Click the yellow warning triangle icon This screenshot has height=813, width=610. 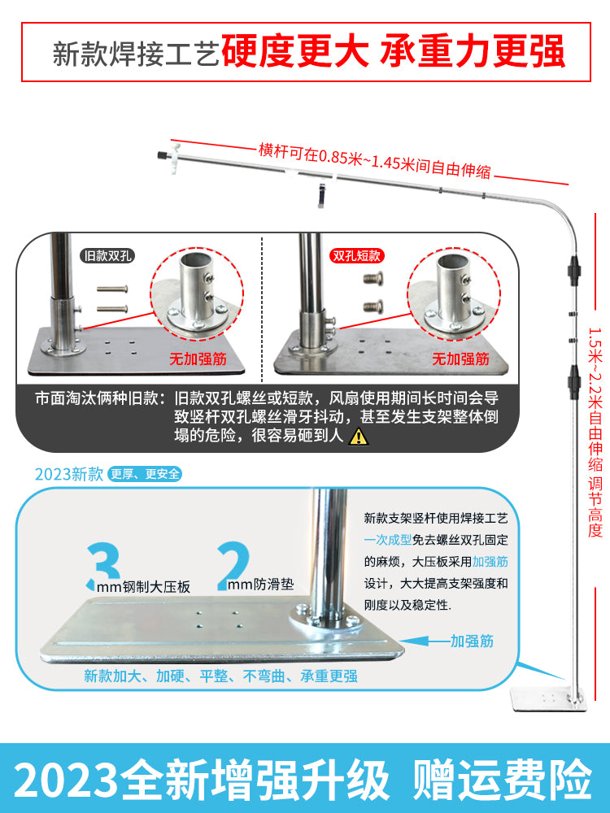pyautogui.click(x=358, y=437)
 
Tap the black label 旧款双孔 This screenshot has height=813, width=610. pyautogui.click(x=108, y=255)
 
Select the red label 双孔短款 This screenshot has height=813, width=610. pyautogui.click(x=356, y=255)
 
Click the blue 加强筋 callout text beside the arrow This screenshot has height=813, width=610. pyautogui.click(x=472, y=641)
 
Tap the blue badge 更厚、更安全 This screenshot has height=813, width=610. pyautogui.click(x=145, y=474)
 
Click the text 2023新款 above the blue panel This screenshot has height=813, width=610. pyautogui.click(x=69, y=474)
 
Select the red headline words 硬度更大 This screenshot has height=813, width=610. pyautogui.click(x=294, y=52)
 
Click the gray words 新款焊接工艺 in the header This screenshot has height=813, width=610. pyautogui.click(x=136, y=54)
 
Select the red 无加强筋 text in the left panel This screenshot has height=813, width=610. pyautogui.click(x=198, y=359)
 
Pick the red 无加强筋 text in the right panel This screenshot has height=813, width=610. pyautogui.click(x=460, y=359)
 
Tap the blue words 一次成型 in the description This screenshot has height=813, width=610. pyautogui.click(x=387, y=540)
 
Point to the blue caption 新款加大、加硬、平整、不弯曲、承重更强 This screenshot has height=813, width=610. pyautogui.click(x=220, y=676)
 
